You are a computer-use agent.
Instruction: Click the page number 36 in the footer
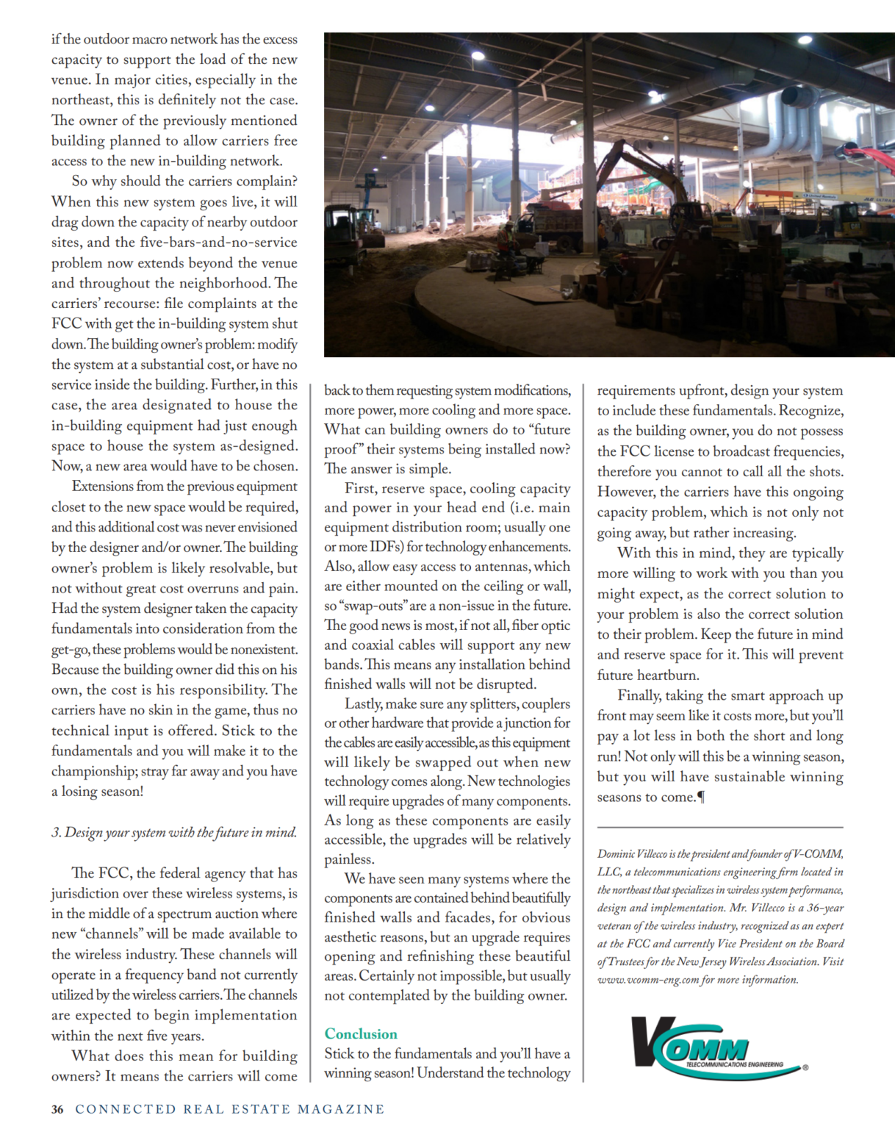point(57,1109)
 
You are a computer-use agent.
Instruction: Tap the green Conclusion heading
point(361,1033)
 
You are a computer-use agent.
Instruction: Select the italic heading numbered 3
point(174,832)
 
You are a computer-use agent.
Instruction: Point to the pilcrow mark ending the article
point(701,798)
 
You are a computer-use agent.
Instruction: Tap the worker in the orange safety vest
point(506,239)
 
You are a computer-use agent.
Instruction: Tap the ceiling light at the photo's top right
point(805,40)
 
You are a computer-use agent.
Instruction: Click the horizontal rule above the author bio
point(720,828)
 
